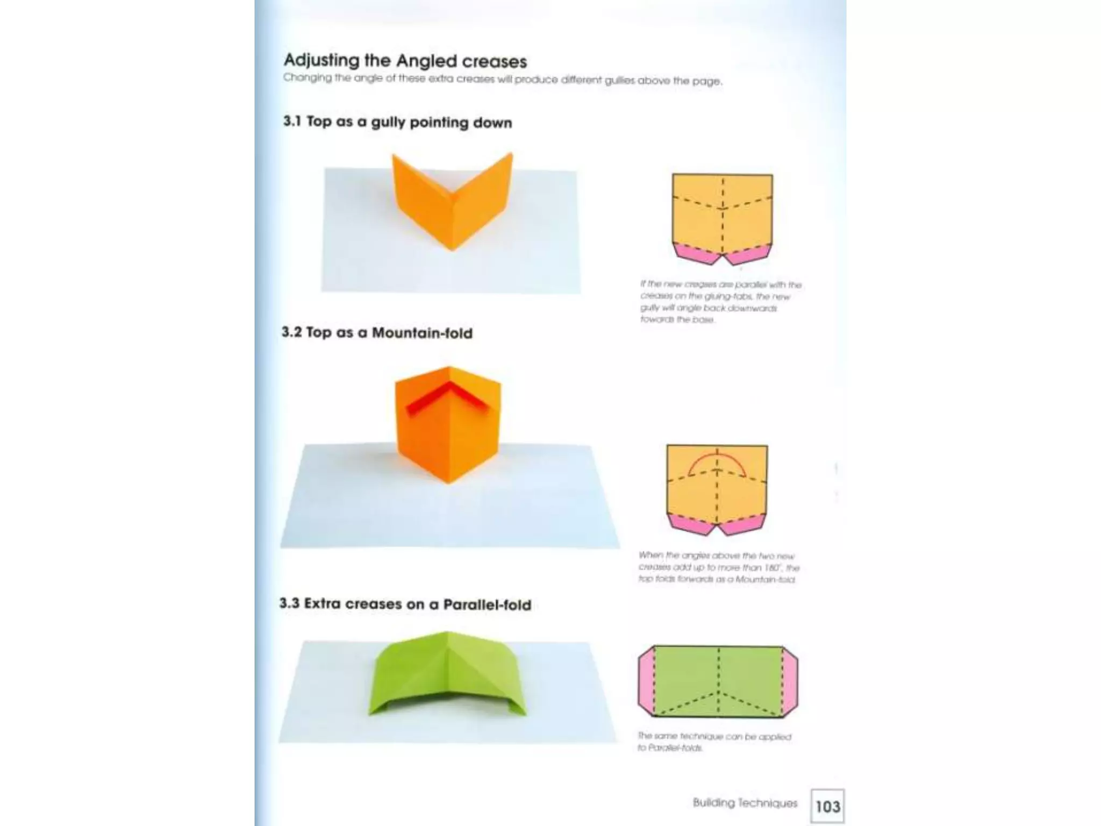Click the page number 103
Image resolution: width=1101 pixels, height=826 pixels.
point(827,807)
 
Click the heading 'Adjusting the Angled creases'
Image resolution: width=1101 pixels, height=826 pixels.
point(405,61)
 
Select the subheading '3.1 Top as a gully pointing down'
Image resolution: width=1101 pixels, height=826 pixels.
point(397,122)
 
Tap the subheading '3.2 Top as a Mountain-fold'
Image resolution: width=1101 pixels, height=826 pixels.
point(377,333)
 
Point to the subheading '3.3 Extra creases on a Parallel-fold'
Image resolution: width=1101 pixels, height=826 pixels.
point(405,604)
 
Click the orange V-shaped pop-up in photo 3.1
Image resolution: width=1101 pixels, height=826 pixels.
point(452,204)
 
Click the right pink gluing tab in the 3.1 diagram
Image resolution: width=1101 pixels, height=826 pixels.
point(748,253)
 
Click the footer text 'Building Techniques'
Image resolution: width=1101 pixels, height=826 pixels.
point(745,803)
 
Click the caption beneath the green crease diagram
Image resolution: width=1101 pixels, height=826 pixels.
point(714,742)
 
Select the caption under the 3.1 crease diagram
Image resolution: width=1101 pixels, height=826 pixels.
point(720,302)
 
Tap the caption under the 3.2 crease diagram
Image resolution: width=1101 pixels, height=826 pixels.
point(719,567)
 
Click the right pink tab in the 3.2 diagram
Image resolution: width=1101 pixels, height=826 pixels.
point(742,524)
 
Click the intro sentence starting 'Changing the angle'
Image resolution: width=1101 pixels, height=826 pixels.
point(503,80)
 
